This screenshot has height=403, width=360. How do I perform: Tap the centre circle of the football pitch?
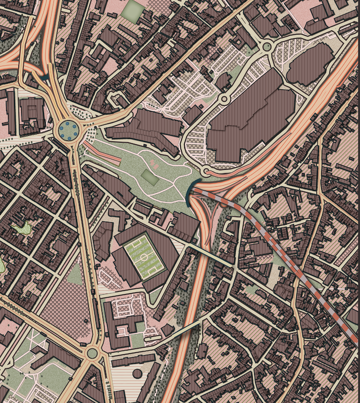(144, 257)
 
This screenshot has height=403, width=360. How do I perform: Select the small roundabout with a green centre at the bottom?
(92, 352)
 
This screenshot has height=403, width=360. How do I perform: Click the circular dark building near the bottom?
(137, 373)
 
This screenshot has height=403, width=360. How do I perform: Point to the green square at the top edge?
(133, 10)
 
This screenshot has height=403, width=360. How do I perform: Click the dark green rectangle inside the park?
(150, 178)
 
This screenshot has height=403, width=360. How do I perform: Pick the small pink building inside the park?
(154, 164)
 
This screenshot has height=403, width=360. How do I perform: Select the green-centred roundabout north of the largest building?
(266, 46)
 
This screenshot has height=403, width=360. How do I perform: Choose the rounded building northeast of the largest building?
(309, 64)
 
